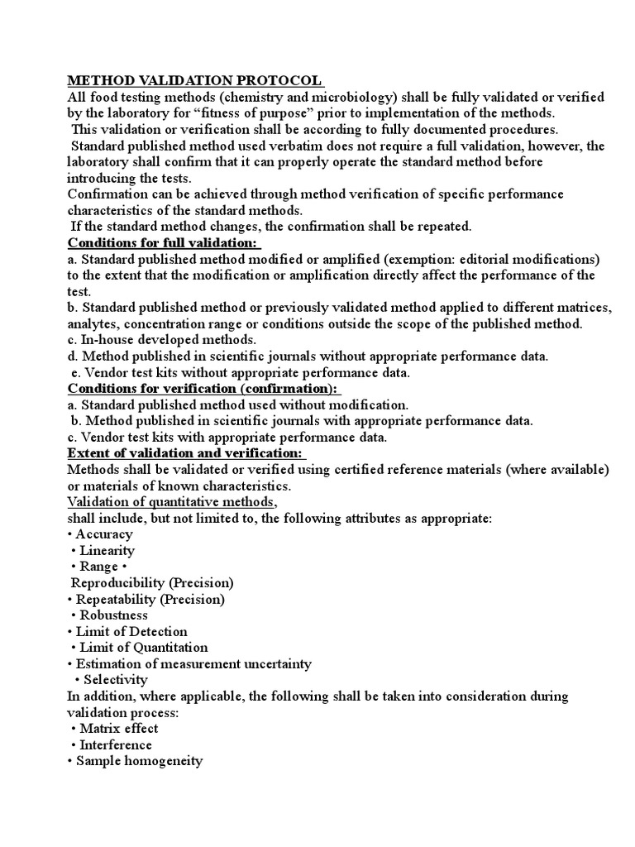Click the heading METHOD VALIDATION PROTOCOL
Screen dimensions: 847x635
pos(194,81)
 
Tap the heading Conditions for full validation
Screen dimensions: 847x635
pos(163,243)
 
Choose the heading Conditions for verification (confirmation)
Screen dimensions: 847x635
pos(203,389)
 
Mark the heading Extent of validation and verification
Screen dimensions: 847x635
pos(186,453)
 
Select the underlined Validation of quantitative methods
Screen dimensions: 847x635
pos(171,502)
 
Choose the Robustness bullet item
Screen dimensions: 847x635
pos(113,615)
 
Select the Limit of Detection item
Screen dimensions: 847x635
pos(131,631)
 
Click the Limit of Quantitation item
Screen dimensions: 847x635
pos(143,648)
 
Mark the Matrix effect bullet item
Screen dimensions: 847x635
pos(118,729)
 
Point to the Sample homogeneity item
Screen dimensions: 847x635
pos(139,761)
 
